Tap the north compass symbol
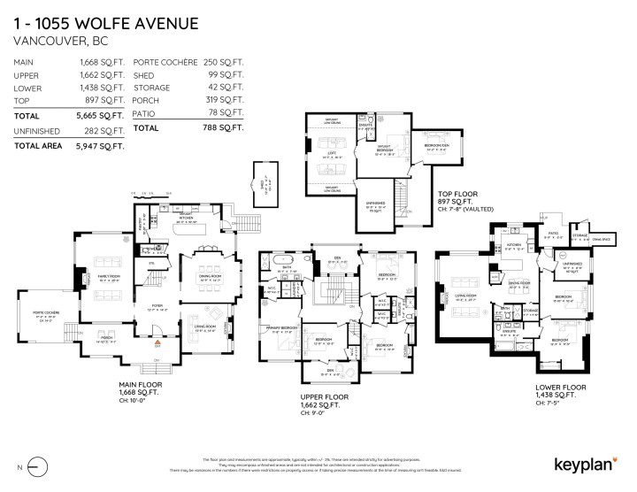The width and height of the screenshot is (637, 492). pos(35,464)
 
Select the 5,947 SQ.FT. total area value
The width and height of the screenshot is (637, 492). pos(99,144)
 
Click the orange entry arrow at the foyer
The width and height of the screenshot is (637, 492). pos(158,341)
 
